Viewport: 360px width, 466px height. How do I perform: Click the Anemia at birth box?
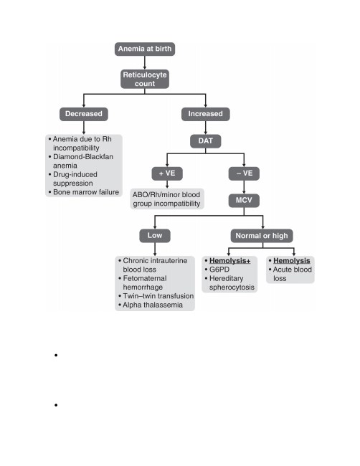(145, 49)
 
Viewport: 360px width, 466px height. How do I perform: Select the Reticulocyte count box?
(145, 79)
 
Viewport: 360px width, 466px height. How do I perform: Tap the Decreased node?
(84, 114)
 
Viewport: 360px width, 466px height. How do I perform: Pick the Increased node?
(205, 114)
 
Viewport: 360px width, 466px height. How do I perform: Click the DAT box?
(205, 141)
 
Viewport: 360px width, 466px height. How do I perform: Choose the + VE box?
(167, 173)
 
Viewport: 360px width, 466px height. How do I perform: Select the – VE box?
(244, 173)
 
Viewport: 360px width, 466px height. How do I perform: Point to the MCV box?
(244, 201)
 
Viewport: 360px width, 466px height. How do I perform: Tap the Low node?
(155, 236)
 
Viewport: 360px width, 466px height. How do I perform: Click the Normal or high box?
(262, 236)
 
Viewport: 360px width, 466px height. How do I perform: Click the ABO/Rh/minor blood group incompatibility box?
(167, 199)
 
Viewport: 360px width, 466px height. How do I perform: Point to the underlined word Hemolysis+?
(229, 261)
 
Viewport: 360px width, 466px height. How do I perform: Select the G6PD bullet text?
(219, 270)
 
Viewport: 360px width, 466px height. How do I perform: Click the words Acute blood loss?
(292, 274)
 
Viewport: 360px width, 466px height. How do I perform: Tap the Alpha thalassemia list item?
(153, 305)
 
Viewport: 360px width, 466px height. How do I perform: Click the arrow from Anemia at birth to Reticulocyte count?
(145, 62)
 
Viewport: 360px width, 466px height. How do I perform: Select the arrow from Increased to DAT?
(205, 128)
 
